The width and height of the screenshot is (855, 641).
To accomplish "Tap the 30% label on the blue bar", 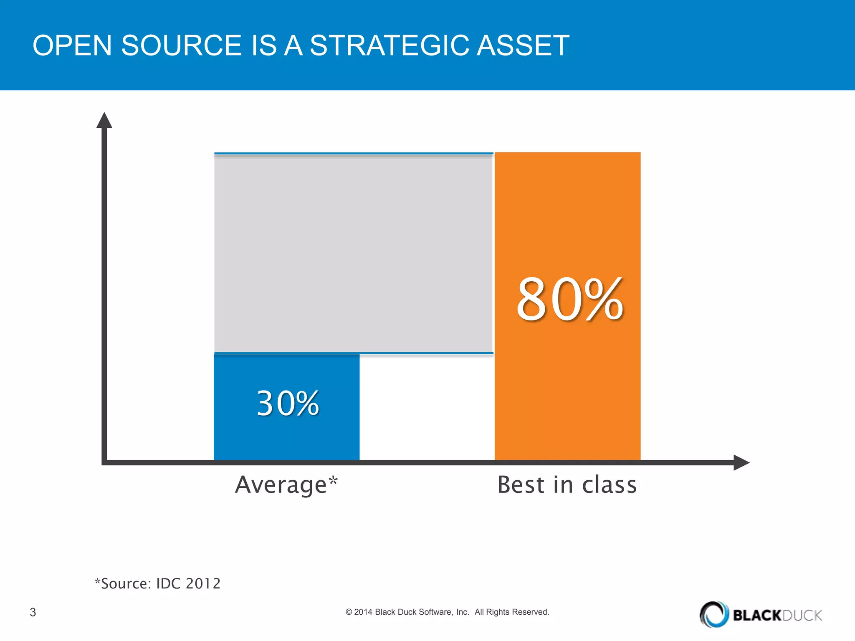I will point(288,404).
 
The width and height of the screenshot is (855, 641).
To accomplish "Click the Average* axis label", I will point(286,485).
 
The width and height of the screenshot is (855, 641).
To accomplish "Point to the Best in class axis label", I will point(567,485).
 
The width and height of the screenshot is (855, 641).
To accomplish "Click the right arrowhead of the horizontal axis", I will point(741,462).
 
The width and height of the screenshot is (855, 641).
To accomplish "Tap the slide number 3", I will point(33,612).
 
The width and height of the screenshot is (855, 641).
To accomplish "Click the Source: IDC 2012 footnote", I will point(158,583).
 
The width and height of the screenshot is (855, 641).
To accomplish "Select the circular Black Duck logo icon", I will point(714,614).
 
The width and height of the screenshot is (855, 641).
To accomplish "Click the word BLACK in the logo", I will point(756,615).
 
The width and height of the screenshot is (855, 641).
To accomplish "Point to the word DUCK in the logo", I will point(802,615).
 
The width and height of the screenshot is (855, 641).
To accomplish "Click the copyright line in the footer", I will point(447,612).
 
